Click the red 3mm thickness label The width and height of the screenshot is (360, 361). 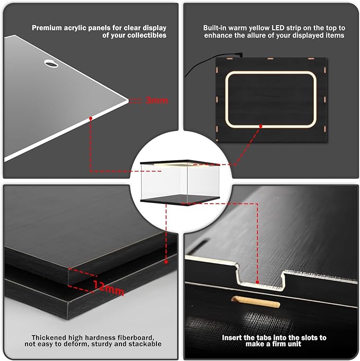coord(157,100)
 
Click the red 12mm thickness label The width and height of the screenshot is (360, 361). coord(109,288)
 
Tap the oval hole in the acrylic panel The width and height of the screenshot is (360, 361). coord(51,64)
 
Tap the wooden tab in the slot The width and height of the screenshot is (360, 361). coord(256,302)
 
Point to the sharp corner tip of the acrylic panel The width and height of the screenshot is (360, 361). coord(128,100)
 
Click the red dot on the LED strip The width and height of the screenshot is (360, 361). coord(260,126)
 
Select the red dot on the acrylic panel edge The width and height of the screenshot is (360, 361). coord(91,118)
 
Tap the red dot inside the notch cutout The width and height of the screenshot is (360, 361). coord(257,282)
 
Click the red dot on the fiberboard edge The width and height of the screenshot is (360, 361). coord(166,262)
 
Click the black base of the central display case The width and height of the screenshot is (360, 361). coord(180,200)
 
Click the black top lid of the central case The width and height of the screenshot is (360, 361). coord(180,163)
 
